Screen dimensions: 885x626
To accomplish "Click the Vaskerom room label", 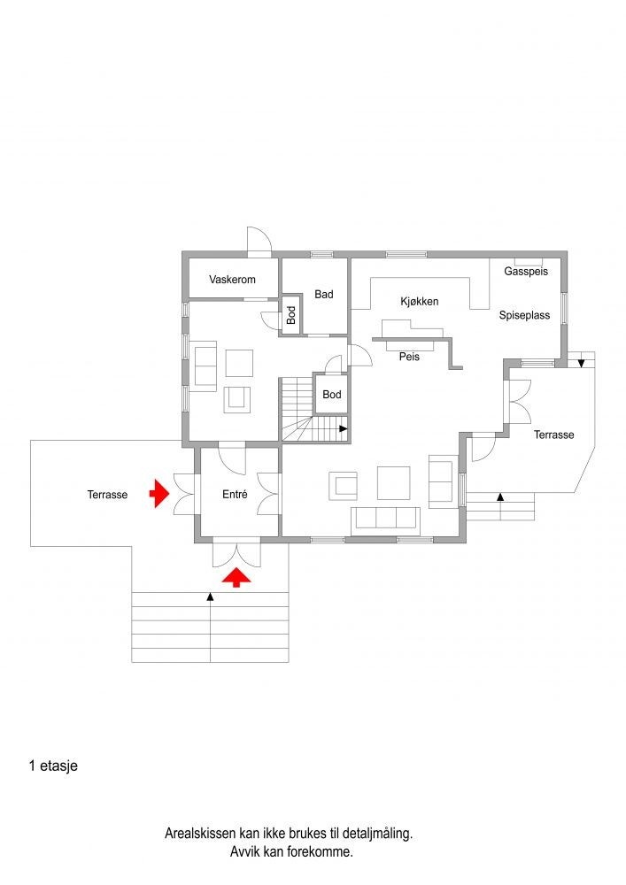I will (x=232, y=280).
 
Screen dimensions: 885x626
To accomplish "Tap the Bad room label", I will (x=323, y=294).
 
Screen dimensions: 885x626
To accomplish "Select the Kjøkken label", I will (x=420, y=302).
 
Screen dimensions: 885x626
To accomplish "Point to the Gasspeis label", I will (x=526, y=272).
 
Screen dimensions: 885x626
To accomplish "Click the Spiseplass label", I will (x=524, y=315).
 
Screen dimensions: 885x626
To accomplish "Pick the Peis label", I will (x=408, y=358).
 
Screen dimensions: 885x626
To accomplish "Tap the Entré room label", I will (x=236, y=496).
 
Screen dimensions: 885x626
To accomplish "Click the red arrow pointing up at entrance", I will (x=235, y=578).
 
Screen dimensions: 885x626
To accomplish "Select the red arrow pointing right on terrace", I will (x=158, y=495).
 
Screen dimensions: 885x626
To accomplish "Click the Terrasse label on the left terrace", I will (x=107, y=496).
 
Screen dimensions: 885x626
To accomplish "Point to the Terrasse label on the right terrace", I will (x=553, y=435).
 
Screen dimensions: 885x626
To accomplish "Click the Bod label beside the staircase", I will (x=332, y=394).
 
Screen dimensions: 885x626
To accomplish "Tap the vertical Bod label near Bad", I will (x=290, y=315).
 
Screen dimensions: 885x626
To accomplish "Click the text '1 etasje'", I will (x=53, y=766).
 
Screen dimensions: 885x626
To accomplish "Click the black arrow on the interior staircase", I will (x=342, y=429).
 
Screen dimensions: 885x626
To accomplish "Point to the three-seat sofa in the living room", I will (x=385, y=519).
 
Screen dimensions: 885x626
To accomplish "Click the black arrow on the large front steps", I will (x=210, y=597).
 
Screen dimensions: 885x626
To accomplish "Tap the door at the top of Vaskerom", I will (x=259, y=240).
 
